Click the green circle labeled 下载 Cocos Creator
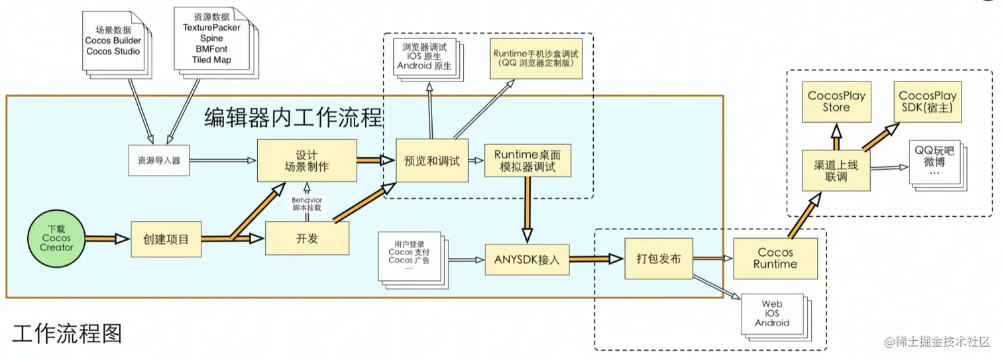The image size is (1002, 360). coord(56,238)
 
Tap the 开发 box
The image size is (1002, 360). coord(307,238)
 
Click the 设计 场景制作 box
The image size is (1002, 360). coord(307,160)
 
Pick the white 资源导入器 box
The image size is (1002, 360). coord(159,160)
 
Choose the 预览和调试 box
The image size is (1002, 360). coord(432,160)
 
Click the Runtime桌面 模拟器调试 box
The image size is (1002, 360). coord(528,160)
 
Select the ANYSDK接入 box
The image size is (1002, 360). coord(528,259)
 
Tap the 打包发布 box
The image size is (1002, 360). coord(659,258)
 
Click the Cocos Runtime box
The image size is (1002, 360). coord(775,258)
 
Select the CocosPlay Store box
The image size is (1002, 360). coord(836,101)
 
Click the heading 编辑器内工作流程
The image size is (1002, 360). coord(293,119)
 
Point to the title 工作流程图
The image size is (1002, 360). coord(67,333)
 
